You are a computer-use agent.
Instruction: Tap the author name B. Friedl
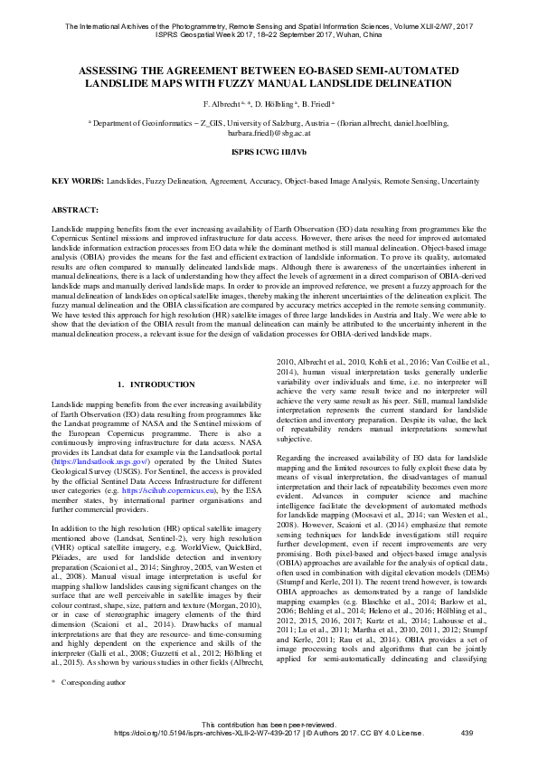(x=316, y=105)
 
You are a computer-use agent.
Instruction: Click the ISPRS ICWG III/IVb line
(x=269, y=155)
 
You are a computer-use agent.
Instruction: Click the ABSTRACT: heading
(x=75, y=210)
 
